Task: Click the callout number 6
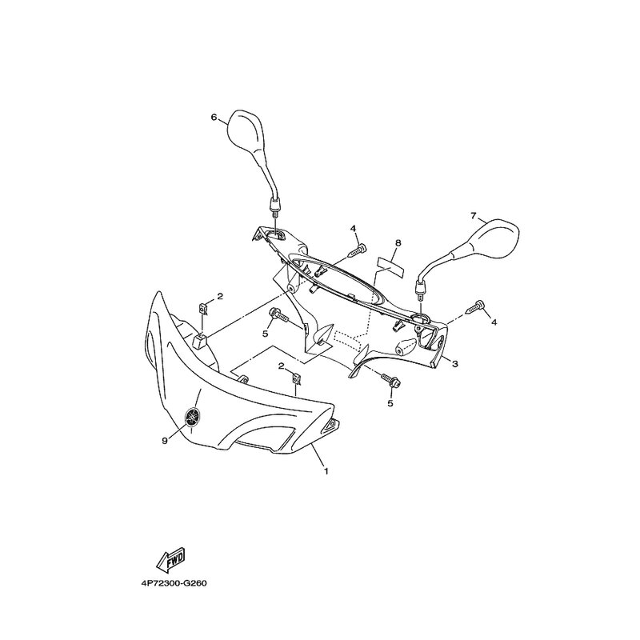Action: pyautogui.click(x=214, y=118)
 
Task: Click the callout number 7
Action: pyautogui.click(x=473, y=216)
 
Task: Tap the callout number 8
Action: pyautogui.click(x=398, y=243)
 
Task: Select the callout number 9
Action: pyautogui.click(x=165, y=441)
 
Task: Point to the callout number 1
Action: pyautogui.click(x=326, y=471)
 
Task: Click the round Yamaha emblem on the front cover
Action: pyautogui.click(x=193, y=417)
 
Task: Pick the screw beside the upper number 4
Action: pyautogui.click(x=357, y=250)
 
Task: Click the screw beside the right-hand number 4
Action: pyautogui.click(x=474, y=306)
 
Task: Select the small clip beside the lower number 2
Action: pyautogui.click(x=296, y=379)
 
